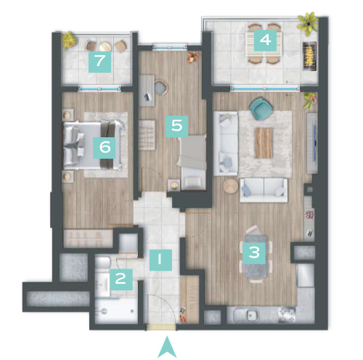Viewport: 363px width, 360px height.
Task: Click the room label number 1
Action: pos(160,260)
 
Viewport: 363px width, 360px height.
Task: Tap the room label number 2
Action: pos(121,279)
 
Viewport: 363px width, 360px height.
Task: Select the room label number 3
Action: pos(254,253)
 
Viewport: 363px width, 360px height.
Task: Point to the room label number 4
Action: pos(265,41)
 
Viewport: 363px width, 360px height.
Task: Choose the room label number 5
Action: pos(176,126)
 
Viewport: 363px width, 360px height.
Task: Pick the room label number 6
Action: pos(105,148)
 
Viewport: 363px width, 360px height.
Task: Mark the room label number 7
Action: pos(99,62)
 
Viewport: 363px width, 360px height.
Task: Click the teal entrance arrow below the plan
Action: pos(167,347)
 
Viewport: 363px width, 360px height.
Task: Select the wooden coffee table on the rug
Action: pos(264,143)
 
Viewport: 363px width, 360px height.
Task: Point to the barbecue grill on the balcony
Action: pos(310,57)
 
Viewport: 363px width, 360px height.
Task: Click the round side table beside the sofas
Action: pos(231,187)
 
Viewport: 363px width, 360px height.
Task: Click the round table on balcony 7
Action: pos(105,46)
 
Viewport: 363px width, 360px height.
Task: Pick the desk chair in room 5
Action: pos(160,87)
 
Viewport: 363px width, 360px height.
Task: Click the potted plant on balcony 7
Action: pos(69,40)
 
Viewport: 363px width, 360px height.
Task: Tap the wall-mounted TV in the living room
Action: pos(314,141)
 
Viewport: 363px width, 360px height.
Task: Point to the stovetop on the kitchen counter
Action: pos(287,314)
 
